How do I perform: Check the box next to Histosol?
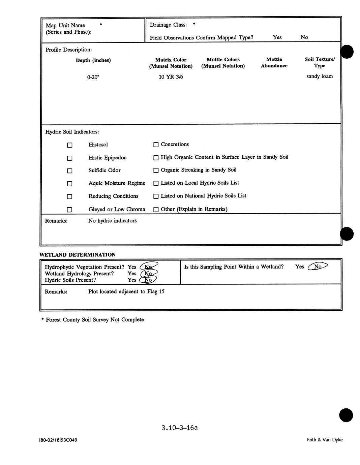point(70,145)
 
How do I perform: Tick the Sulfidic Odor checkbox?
point(70,171)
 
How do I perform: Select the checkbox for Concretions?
point(156,145)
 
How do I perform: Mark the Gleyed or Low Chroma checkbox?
point(70,210)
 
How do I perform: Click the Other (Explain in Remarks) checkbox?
point(156,210)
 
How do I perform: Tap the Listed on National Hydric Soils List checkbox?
point(156,196)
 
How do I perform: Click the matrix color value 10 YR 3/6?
point(171,77)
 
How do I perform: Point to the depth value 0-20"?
point(93,77)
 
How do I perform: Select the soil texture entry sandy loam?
point(319,76)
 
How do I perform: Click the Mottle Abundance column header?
point(274,63)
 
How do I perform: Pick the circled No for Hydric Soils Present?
point(148,280)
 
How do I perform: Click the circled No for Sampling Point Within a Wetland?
point(318,267)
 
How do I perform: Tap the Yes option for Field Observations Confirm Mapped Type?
point(277,37)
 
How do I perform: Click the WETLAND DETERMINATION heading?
point(78,255)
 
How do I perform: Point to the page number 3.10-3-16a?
point(179,428)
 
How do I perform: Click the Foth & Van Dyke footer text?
point(325,440)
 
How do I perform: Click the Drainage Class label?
point(168,25)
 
